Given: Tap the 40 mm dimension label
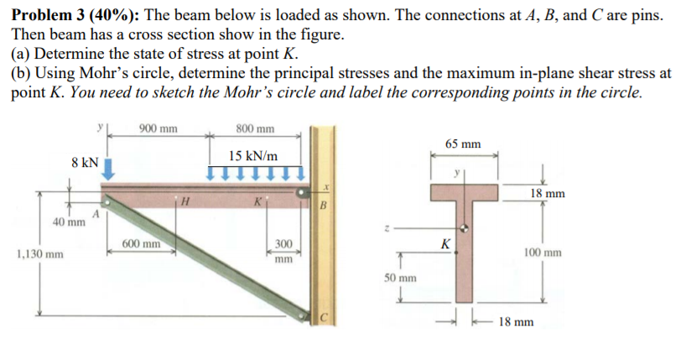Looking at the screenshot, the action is (x=69, y=223).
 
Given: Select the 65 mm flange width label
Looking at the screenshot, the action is (x=463, y=143).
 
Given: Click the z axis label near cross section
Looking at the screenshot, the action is (x=385, y=227).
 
